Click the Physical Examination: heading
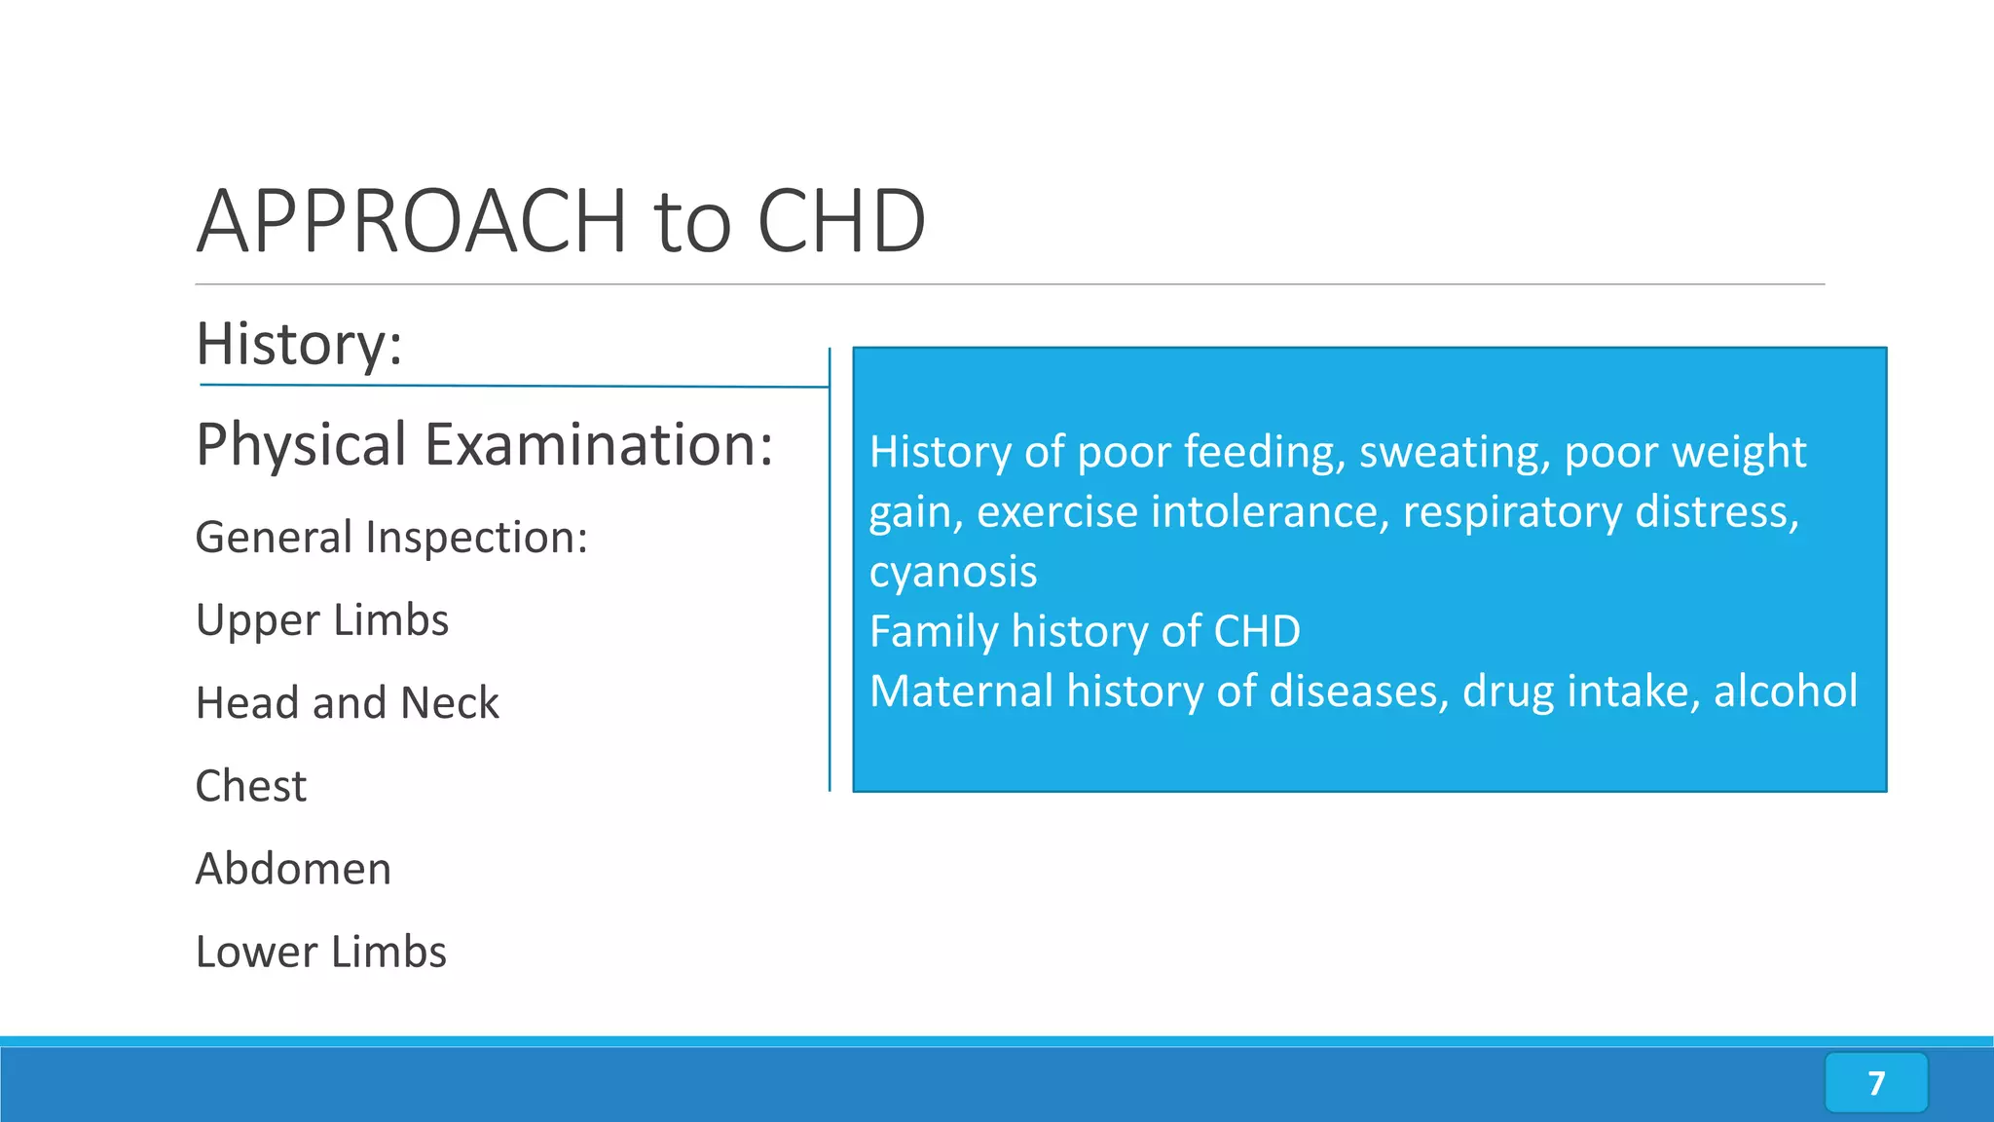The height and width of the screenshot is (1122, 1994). pyautogui.click(x=484, y=445)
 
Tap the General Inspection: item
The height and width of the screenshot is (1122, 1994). pyautogui.click(x=391, y=538)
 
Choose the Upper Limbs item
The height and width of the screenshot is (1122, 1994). pyautogui.click(x=322, y=620)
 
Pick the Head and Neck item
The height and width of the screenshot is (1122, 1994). pyautogui.click(x=347, y=703)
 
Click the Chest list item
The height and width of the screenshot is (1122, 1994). pyautogui.click(x=251, y=786)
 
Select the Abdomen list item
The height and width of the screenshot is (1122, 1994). pyautogui.click(x=293, y=869)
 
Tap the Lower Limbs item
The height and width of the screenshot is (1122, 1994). pyautogui.click(x=320, y=952)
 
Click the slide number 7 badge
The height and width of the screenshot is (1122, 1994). pyautogui.click(x=1875, y=1082)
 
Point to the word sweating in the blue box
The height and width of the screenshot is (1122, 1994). pyautogui.click(x=1449, y=453)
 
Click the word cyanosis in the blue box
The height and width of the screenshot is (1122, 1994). pyautogui.click(x=952, y=573)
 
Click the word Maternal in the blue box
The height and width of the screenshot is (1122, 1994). pyautogui.click(x=961, y=692)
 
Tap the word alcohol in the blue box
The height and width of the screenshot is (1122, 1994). pyautogui.click(x=1785, y=692)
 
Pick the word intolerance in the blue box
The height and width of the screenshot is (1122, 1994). pyautogui.click(x=1270, y=512)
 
